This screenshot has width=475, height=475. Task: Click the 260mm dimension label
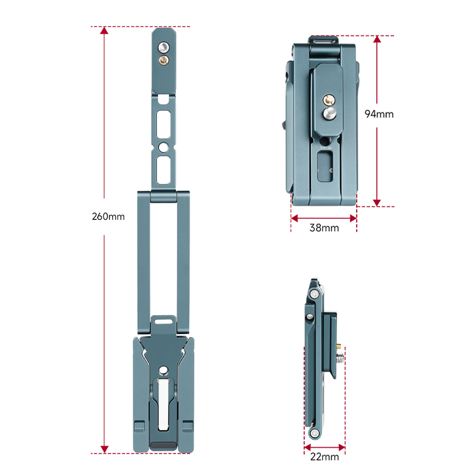coord(108,217)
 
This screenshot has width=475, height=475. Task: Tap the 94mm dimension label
coord(379,114)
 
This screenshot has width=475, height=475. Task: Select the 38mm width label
coord(324,228)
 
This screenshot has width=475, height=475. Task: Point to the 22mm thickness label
coord(324,457)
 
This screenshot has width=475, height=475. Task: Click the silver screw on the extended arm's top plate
coord(164,48)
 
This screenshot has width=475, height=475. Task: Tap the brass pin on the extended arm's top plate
coord(164,60)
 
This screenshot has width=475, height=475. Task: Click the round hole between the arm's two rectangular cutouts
coord(163,148)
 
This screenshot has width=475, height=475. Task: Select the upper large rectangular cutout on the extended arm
coord(163,124)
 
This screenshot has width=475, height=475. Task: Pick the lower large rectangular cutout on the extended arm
coord(163,170)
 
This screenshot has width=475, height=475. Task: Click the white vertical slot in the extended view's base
coord(163,404)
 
